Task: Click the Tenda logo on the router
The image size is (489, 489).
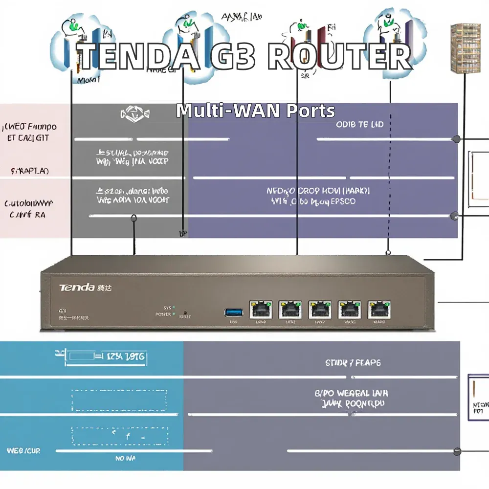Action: (77, 288)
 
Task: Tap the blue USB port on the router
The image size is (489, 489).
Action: (233, 311)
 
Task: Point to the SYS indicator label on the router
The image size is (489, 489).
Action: (167, 308)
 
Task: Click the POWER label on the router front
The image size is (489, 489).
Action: (163, 314)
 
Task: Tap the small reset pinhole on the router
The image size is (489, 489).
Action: (185, 312)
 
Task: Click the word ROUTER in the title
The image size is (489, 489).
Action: (340, 57)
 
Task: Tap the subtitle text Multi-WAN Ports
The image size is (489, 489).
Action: (256, 111)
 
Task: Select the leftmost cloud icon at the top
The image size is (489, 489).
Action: (76, 42)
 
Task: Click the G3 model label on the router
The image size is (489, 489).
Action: (62, 311)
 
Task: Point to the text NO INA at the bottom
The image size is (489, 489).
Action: (126, 458)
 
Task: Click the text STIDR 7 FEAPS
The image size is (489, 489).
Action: (353, 363)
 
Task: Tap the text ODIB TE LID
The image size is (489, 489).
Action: (359, 125)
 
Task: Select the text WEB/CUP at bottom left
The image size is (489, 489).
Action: (23, 450)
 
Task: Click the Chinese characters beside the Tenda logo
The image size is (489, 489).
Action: (105, 288)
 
